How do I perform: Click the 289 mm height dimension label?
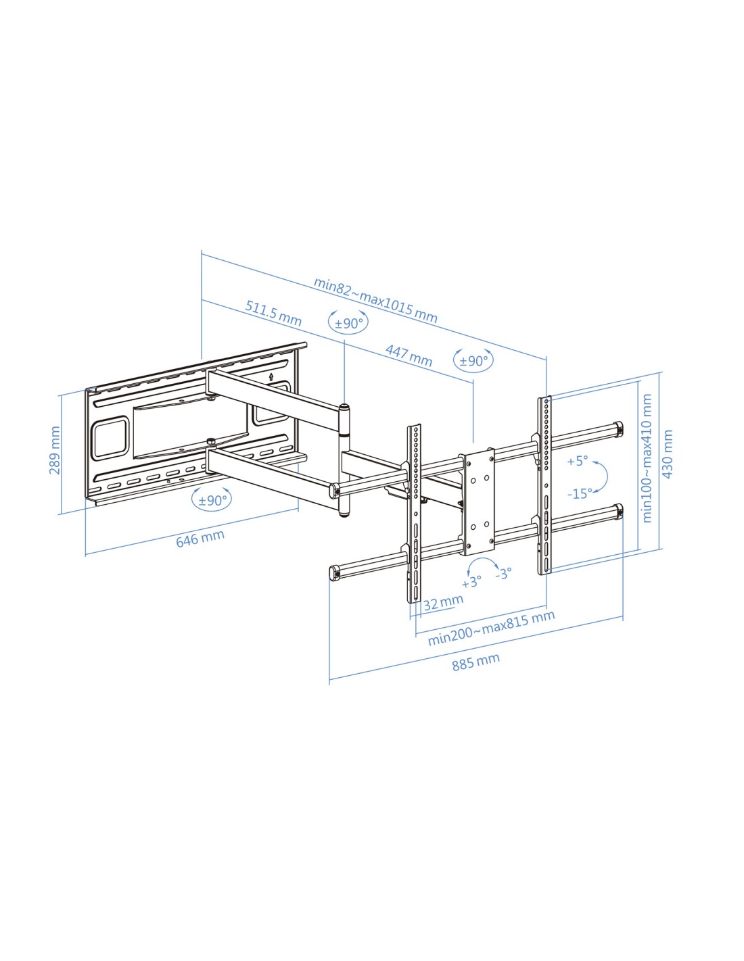click(54, 450)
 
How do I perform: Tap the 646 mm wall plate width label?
click(200, 538)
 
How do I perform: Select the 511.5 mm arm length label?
click(273, 313)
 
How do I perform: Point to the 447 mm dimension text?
click(409, 355)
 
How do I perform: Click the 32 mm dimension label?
click(443, 602)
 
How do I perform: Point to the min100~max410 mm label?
click(647, 458)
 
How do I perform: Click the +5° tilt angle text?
click(578, 462)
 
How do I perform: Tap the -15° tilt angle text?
click(580, 493)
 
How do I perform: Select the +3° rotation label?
click(471, 582)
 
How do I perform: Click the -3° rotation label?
click(504, 574)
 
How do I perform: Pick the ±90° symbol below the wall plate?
click(212, 500)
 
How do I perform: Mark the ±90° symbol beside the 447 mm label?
click(473, 361)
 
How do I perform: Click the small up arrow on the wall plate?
click(271, 377)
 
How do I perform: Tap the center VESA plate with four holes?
click(479, 501)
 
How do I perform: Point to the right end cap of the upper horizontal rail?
click(618, 428)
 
